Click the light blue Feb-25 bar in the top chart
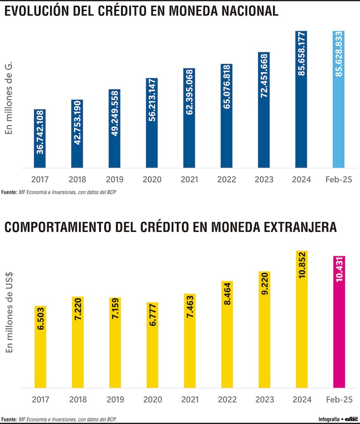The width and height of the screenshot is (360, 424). pyautogui.click(x=338, y=99)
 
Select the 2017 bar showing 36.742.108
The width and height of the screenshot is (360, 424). pyautogui.click(x=40, y=139)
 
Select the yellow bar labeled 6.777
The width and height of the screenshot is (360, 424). pyautogui.click(x=152, y=345)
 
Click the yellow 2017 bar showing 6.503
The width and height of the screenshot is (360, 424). pyautogui.click(x=40, y=347)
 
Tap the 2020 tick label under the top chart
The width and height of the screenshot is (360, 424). pyautogui.click(x=152, y=180)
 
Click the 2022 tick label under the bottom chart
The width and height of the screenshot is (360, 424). pyautogui.click(x=227, y=400)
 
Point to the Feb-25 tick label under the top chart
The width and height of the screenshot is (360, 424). pyautogui.click(x=338, y=180)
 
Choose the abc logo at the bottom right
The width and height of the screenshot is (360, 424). pyautogui.click(x=351, y=418)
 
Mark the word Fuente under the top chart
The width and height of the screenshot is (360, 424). pyautogui.click(x=8, y=192)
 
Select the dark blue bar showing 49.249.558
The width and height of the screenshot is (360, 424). pyautogui.click(x=115, y=128)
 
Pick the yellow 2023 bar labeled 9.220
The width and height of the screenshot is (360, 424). pyautogui.click(x=264, y=329)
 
